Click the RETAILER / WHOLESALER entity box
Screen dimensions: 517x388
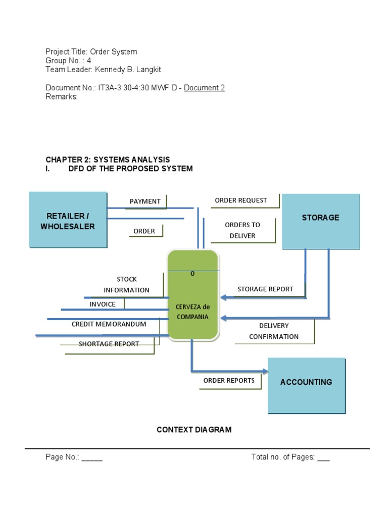coord(68,220)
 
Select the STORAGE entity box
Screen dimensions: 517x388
coord(320,221)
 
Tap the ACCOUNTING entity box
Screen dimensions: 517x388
coord(306,386)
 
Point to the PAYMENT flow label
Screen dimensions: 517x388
coord(145,201)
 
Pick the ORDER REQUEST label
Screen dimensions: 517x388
coord(240,200)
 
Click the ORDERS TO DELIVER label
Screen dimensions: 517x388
coord(243,230)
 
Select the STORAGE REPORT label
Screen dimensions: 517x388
coord(265,289)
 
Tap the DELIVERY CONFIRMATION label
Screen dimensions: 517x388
coord(273,331)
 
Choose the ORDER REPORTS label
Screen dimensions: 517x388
coord(229,381)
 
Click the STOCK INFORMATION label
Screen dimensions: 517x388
coord(127,285)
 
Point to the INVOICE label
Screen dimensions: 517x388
coord(103,304)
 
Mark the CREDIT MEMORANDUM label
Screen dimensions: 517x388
coord(109,324)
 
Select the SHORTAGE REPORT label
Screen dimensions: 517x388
coord(109,344)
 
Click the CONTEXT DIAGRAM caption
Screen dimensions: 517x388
coord(194,430)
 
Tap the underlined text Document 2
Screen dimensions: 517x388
coord(204,88)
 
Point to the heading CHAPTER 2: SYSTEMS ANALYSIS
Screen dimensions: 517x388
coord(108,160)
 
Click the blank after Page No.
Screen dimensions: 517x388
coord(92,457)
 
